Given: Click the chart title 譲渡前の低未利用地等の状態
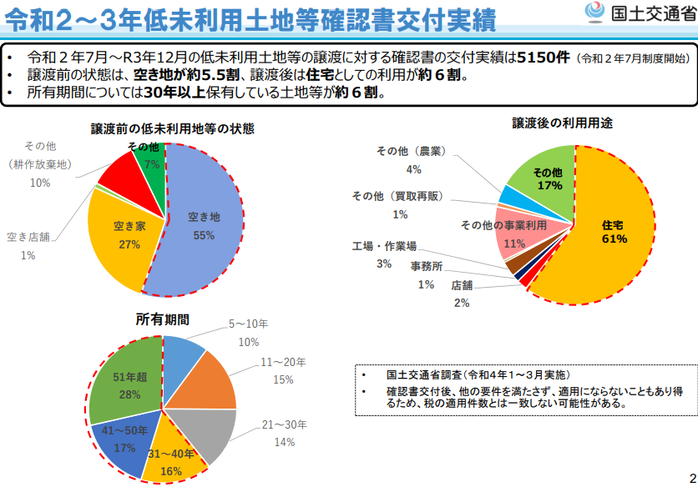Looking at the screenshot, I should pos(172,129).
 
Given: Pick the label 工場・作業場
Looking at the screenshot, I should pos(384,246).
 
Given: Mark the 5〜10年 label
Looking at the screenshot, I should pos(248,324).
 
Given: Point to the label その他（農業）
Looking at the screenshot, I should pos(412,151).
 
